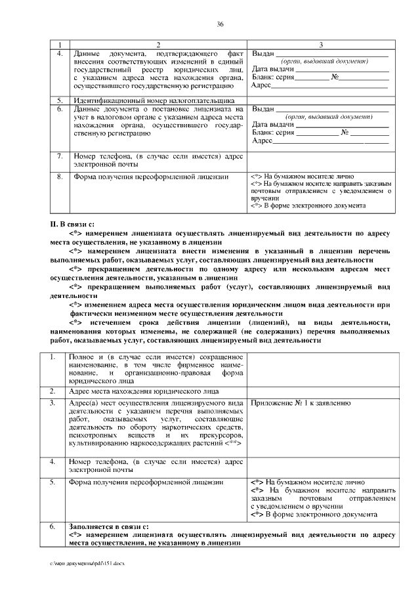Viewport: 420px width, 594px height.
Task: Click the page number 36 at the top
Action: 220,24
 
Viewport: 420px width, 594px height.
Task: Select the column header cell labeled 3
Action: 320,44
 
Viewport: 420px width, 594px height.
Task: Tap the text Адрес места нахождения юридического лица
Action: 144,391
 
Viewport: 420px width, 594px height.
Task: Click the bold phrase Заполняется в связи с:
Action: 108,526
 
